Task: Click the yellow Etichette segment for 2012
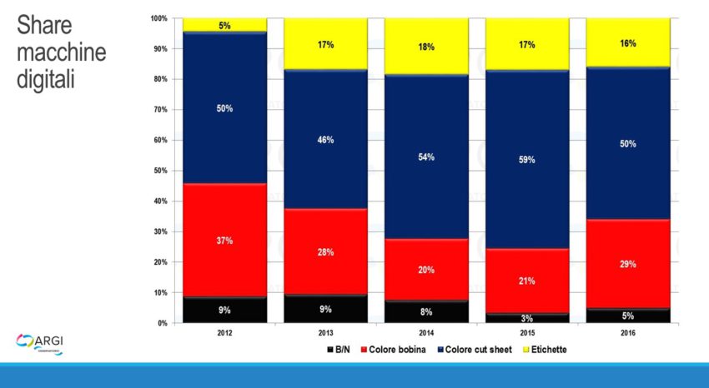pos(224,25)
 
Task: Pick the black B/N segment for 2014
pos(426,312)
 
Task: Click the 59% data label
pos(527,159)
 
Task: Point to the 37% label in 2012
pos(224,241)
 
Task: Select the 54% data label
pos(426,157)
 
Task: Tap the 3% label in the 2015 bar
pos(527,319)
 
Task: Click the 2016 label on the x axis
pos(628,333)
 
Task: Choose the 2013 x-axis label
pos(325,333)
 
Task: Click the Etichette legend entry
pos(544,350)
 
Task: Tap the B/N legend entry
pos(339,350)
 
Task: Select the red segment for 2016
pos(628,264)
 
